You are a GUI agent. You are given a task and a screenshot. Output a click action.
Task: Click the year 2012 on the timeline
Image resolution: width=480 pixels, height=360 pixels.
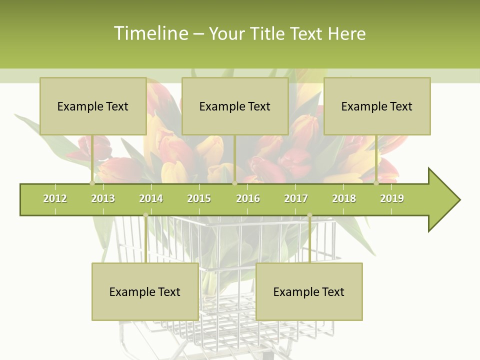pyautogui.click(x=55, y=198)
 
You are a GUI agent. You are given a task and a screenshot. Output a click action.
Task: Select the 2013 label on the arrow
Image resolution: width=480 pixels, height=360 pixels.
pyautogui.click(x=103, y=198)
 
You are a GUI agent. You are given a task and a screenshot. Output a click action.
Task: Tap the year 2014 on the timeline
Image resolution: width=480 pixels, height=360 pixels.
pyautogui.click(x=151, y=198)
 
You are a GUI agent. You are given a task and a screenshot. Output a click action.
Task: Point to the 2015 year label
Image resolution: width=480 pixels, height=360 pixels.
pyautogui.click(x=199, y=198)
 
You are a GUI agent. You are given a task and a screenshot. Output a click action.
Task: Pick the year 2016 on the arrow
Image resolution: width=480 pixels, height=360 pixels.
pyautogui.click(x=248, y=198)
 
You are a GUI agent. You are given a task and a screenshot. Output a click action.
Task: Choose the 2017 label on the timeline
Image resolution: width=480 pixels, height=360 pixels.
pyautogui.click(x=296, y=198)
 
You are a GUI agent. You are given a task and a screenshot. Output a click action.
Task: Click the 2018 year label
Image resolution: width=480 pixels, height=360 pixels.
pyautogui.click(x=344, y=198)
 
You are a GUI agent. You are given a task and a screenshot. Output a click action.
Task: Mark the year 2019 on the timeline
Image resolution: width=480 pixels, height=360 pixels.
pyautogui.click(x=392, y=198)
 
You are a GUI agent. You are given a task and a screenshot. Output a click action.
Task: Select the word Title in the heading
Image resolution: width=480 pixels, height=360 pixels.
pyautogui.click(x=270, y=33)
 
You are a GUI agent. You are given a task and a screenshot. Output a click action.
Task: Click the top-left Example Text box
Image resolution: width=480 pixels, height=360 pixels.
pyautogui.click(x=93, y=106)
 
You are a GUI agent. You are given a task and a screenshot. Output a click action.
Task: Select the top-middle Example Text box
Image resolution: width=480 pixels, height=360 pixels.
pyautogui.click(x=235, y=106)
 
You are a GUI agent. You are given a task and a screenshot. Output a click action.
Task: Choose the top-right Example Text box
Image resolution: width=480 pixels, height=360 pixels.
pyautogui.click(x=377, y=106)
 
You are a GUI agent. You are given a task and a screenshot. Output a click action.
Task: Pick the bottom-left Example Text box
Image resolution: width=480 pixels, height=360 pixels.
pyautogui.click(x=145, y=291)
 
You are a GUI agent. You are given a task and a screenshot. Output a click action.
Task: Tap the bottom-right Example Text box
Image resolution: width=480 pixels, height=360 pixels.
pyautogui.click(x=309, y=291)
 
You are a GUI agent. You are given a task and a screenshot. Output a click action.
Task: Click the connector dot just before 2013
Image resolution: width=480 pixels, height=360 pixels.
pyautogui.click(x=92, y=183)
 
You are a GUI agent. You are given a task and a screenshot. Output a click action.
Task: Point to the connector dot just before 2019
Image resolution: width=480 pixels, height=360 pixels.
pyautogui.click(x=376, y=183)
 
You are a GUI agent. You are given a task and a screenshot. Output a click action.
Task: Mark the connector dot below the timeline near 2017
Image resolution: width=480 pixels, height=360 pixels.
pyautogui.click(x=309, y=215)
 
